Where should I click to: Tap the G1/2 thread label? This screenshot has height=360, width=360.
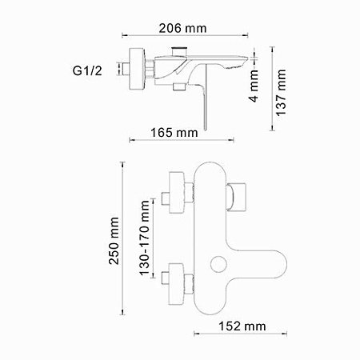(88, 71)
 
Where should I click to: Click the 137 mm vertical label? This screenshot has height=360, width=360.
(282, 91)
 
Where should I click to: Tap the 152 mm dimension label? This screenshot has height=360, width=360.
(242, 326)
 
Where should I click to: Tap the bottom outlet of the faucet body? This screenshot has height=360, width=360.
(210, 308)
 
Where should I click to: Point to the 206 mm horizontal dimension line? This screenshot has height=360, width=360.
(185, 37)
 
